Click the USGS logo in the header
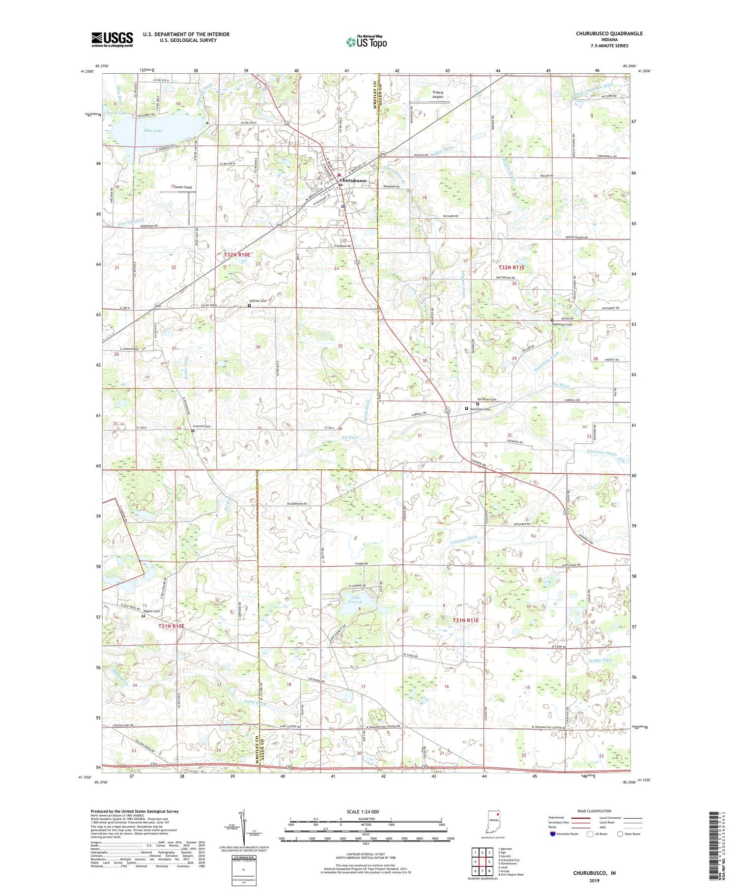(112, 39)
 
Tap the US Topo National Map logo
(366, 42)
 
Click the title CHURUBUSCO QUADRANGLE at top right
(609, 34)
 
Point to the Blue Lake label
(153, 131)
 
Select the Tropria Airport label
(437, 94)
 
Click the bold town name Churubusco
(353, 181)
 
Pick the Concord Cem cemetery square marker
(193, 431)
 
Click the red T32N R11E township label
(511, 267)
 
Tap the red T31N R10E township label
(171, 626)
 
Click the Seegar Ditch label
(600, 660)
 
